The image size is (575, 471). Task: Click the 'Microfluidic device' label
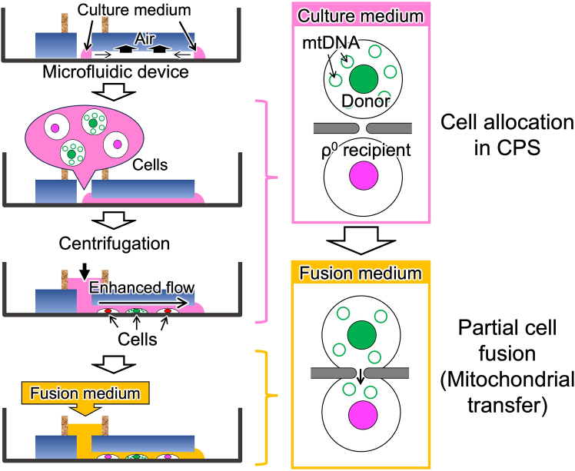tap(115, 72)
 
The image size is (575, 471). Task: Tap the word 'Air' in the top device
tap(145, 39)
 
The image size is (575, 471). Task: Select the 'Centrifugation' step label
tap(115, 244)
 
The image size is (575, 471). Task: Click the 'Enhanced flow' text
tap(141, 287)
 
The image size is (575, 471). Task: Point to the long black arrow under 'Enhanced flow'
tap(143, 303)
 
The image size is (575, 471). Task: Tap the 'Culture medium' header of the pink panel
tap(361, 16)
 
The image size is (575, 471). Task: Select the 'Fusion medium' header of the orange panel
tap(361, 274)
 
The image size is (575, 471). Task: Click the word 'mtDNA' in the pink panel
tap(331, 43)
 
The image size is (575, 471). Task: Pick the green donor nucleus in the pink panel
tap(364, 79)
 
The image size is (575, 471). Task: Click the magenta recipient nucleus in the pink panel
tap(364, 176)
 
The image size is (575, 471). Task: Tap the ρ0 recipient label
tap(366, 151)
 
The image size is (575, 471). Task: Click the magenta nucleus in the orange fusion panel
tap(363, 415)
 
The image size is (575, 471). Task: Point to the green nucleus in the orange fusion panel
tap(362, 335)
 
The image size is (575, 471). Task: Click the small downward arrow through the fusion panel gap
tap(361, 376)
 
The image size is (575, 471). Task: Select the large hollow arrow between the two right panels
tap(361, 240)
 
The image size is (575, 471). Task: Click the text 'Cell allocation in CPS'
tap(507, 135)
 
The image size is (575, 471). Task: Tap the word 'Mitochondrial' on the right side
tap(507, 380)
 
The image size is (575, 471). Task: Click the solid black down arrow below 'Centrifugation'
tap(85, 271)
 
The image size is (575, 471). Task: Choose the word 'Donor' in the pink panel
tap(366, 101)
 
